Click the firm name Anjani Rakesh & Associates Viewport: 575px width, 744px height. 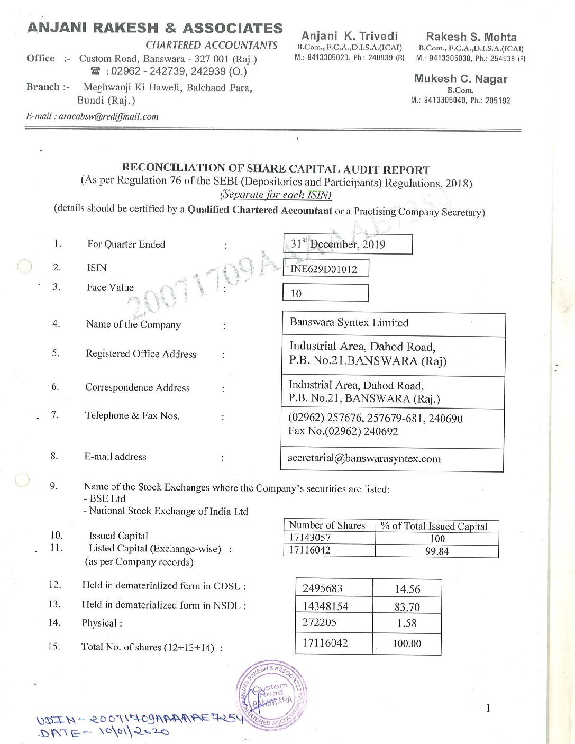coord(155,28)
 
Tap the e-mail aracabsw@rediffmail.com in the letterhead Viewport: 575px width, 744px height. coord(92,116)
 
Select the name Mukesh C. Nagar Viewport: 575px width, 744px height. coord(460,79)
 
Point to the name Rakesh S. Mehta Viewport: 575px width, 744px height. coord(471,37)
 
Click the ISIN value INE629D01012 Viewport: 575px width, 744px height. coord(324,269)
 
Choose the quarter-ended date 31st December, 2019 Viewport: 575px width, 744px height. coord(339,244)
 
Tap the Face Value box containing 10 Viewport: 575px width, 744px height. coord(325,293)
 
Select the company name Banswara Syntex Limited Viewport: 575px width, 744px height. coord(349,323)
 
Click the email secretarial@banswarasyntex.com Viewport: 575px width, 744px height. coord(364,459)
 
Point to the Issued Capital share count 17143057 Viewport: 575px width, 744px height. coord(310,538)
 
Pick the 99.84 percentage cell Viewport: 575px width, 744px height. coord(436,551)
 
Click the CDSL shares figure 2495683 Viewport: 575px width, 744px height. coord(322,588)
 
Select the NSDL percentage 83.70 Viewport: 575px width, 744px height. coord(407,607)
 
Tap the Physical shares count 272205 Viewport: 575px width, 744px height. coord(320,623)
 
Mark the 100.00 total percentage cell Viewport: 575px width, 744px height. coord(407,644)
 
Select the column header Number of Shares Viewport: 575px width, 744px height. coord(327,525)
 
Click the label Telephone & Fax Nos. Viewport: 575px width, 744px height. coord(133,416)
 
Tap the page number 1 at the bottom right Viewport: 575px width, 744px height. coord(488,708)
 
